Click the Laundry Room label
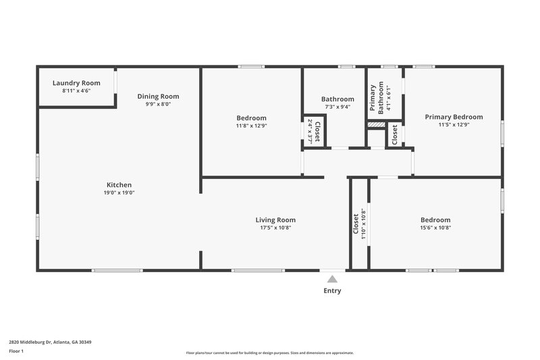[x=76, y=83]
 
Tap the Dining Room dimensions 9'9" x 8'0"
[x=158, y=104]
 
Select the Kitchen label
[x=119, y=185]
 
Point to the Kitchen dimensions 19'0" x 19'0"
[x=119, y=193]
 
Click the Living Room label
[x=275, y=220]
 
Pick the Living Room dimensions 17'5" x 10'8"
[x=275, y=228]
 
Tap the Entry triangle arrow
[x=331, y=278]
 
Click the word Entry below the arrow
[x=331, y=291]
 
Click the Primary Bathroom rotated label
[x=376, y=97]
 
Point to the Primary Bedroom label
[x=454, y=117]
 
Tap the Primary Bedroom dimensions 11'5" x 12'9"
[x=454, y=125]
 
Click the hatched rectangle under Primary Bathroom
[x=376, y=124]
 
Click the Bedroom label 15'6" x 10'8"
[x=435, y=220]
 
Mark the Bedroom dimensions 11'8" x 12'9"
[x=251, y=126]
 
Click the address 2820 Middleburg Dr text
[x=50, y=342]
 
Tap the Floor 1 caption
[x=17, y=352]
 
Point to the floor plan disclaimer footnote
[x=269, y=353]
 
